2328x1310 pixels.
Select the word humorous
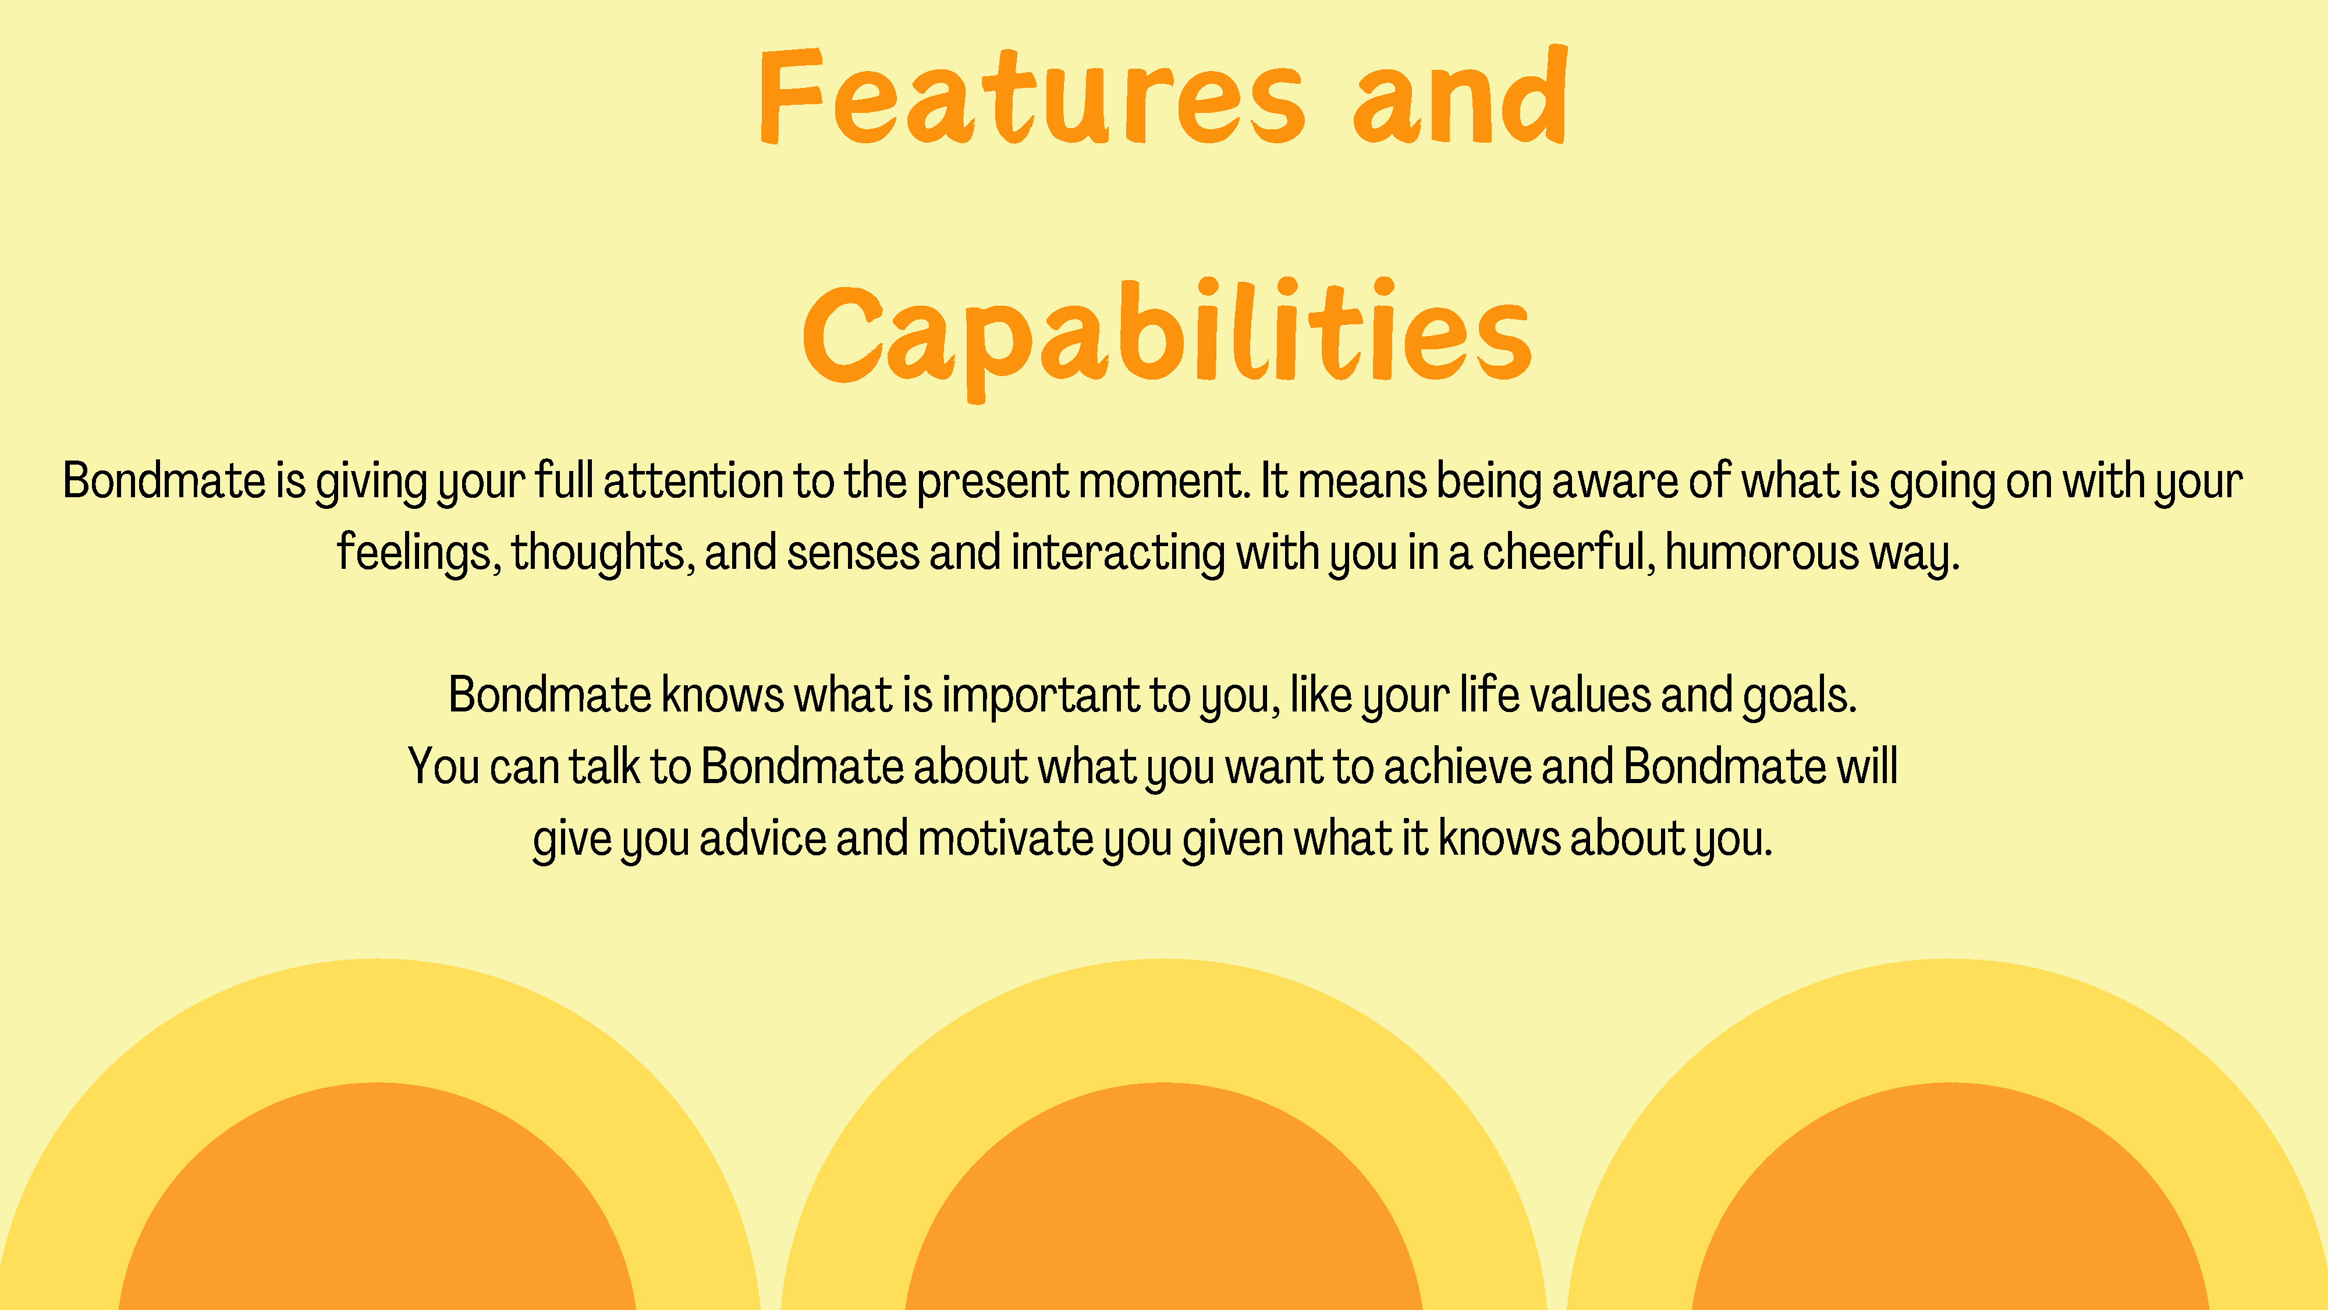tap(1761, 553)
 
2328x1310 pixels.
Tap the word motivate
tap(1006, 839)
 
